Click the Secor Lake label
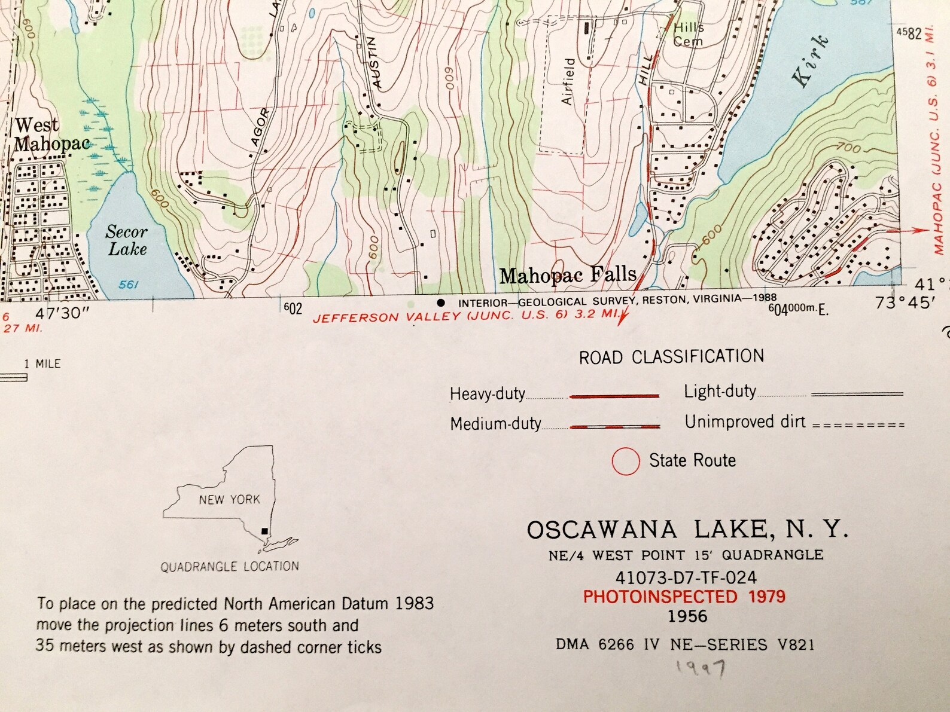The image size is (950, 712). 127,240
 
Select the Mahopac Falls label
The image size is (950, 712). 568,275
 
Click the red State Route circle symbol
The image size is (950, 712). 626,461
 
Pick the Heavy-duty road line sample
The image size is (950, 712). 614,396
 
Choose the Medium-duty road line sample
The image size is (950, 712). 615,426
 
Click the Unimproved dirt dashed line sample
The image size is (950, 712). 858,425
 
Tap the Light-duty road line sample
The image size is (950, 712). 857,394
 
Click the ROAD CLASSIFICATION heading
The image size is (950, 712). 671,357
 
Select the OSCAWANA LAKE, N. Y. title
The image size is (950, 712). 687,530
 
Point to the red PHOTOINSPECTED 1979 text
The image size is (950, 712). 684,597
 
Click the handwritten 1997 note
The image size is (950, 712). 701,667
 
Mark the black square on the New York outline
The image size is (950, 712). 264,531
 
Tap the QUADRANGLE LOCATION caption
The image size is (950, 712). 230,567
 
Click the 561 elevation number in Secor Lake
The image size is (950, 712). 128,285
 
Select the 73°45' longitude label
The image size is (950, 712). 905,303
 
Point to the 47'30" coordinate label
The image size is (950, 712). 62,313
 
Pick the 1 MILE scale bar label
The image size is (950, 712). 42,363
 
